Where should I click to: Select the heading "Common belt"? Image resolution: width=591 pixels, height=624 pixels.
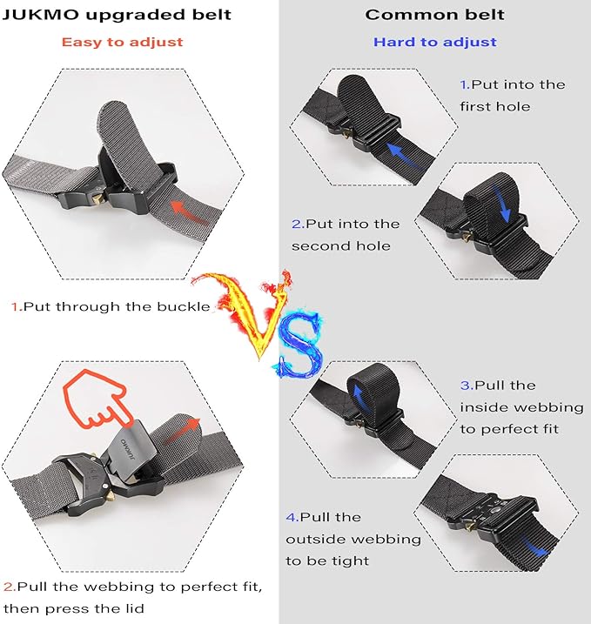(x=434, y=15)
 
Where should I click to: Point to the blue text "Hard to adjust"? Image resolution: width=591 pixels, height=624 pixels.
(x=434, y=42)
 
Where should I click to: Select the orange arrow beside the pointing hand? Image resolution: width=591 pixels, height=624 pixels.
(x=178, y=429)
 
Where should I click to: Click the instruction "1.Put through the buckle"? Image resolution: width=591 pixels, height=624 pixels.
(x=111, y=306)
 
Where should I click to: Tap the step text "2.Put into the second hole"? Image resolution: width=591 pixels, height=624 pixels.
(x=346, y=235)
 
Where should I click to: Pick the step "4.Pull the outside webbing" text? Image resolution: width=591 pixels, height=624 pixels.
(x=353, y=540)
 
